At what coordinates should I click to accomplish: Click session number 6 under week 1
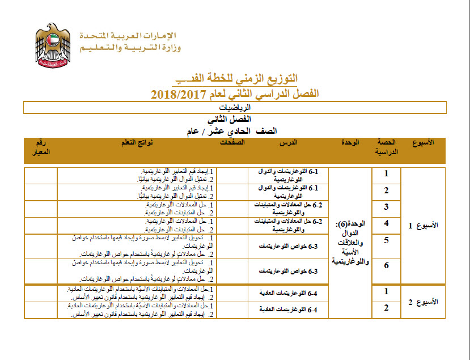[x=386, y=265]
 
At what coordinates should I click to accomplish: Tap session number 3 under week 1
[x=386, y=206]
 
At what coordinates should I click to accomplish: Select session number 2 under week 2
[x=386, y=308]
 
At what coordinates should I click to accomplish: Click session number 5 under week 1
[x=386, y=240]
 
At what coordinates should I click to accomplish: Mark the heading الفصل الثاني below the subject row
[x=235, y=120]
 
